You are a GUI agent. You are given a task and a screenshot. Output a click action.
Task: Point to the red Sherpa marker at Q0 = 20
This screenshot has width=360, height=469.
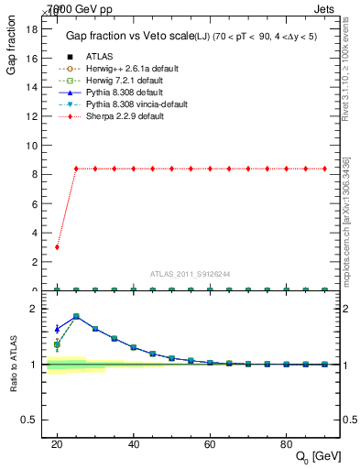pyautogui.click(x=57, y=247)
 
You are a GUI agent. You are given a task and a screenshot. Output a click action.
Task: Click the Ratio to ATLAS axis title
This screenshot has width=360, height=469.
pyautogui.click(x=13, y=364)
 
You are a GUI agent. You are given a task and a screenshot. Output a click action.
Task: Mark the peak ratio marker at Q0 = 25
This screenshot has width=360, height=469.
pyautogui.click(x=76, y=316)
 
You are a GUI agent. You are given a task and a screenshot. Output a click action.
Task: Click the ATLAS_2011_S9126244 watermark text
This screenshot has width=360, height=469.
pyautogui.click(x=189, y=273)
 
